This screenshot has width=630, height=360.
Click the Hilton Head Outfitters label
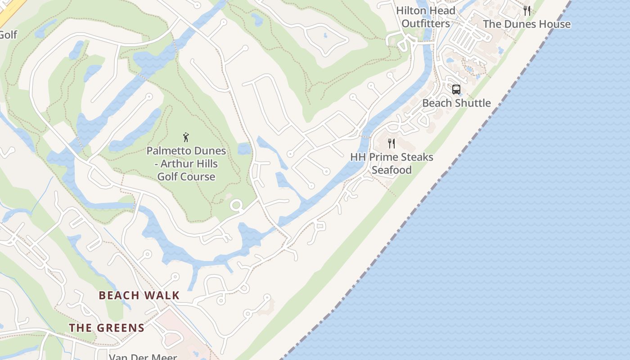click(426, 17)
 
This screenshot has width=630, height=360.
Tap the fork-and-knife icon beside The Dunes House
click(527, 11)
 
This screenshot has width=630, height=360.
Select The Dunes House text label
click(526, 24)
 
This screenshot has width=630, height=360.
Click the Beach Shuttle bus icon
click(456, 89)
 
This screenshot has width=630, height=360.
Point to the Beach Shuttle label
click(456, 103)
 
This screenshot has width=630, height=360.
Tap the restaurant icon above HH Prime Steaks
click(391, 144)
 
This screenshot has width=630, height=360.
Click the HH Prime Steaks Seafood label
click(391, 163)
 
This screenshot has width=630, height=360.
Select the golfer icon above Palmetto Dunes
click(186, 137)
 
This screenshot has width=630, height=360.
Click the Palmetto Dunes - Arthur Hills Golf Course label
click(186, 163)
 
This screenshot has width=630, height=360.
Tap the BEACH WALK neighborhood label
click(139, 296)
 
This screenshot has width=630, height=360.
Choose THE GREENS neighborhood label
click(107, 328)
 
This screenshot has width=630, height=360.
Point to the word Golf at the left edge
click(8, 35)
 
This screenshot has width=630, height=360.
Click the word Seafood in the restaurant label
click(391, 170)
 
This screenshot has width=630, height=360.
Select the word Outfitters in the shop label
click(426, 24)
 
